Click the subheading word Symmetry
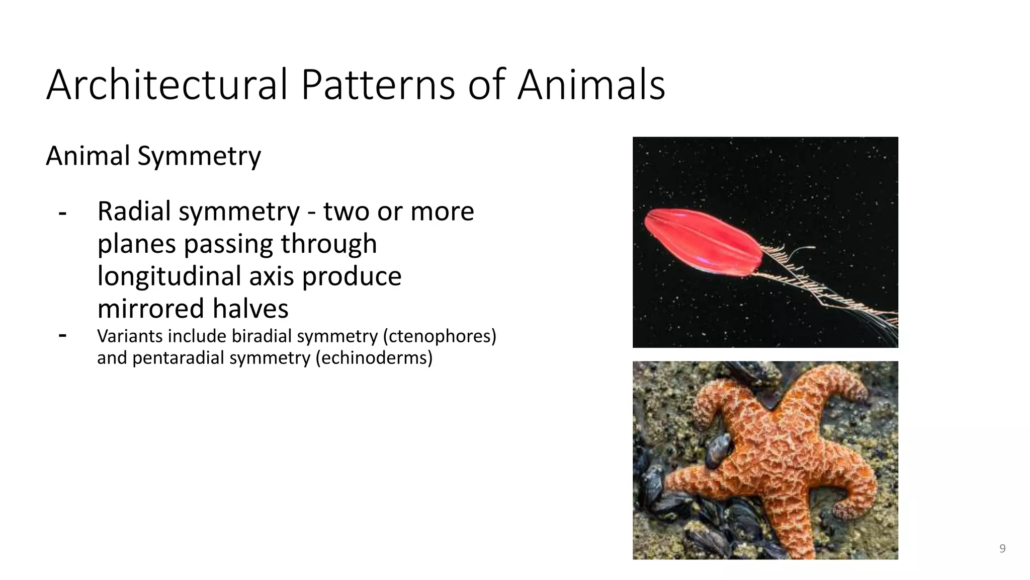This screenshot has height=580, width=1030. [199, 156]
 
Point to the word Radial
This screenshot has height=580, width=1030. [134, 211]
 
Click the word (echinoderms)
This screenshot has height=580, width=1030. [374, 358]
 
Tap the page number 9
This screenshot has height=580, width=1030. [1002, 549]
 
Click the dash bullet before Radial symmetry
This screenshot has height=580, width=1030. [62, 213]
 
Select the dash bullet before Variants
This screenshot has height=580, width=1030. [62, 335]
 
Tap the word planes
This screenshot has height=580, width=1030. [137, 244]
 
